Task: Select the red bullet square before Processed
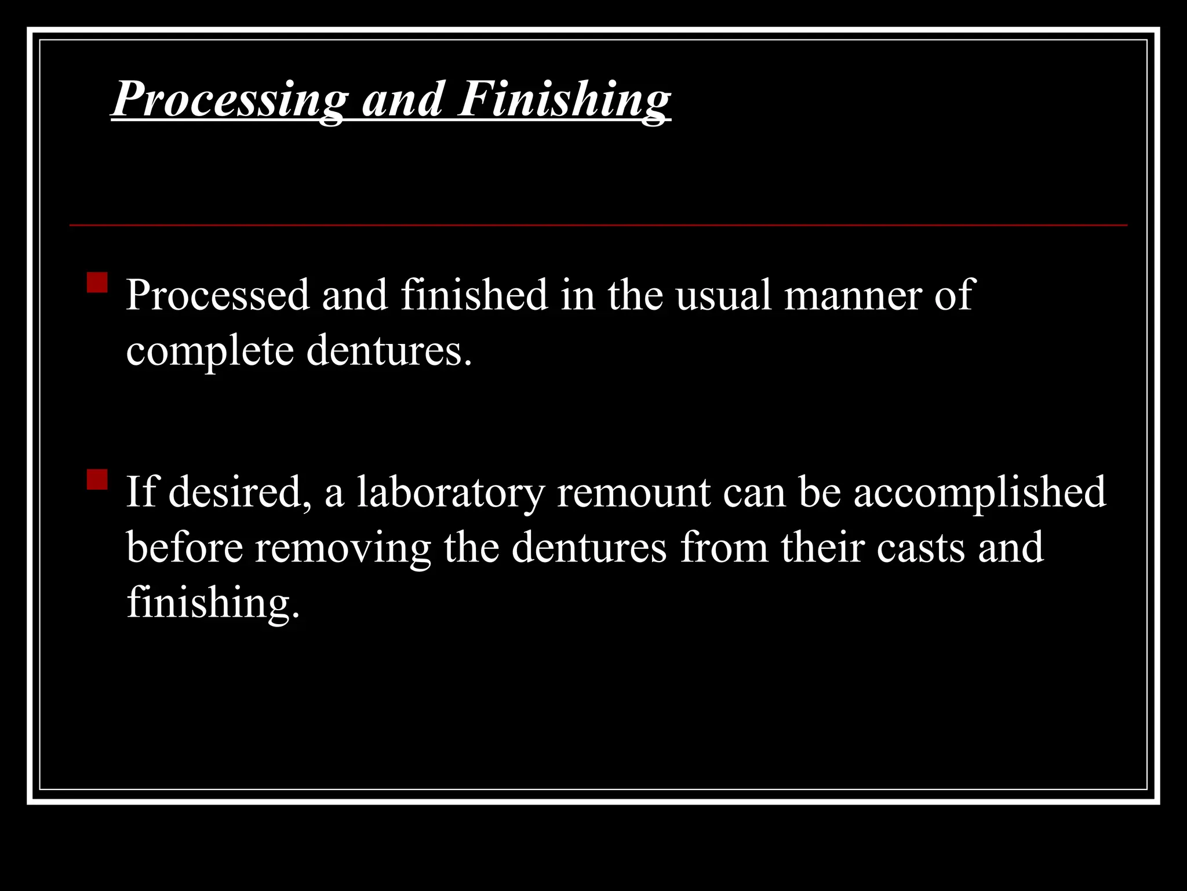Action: [97, 282]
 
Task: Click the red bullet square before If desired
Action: [97, 479]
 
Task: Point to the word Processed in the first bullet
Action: [217, 295]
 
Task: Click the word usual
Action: [723, 295]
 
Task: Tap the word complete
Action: [209, 352]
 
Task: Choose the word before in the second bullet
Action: [184, 547]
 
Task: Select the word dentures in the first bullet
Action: [388, 350]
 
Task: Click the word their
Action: [822, 547]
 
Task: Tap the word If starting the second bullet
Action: [141, 491]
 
